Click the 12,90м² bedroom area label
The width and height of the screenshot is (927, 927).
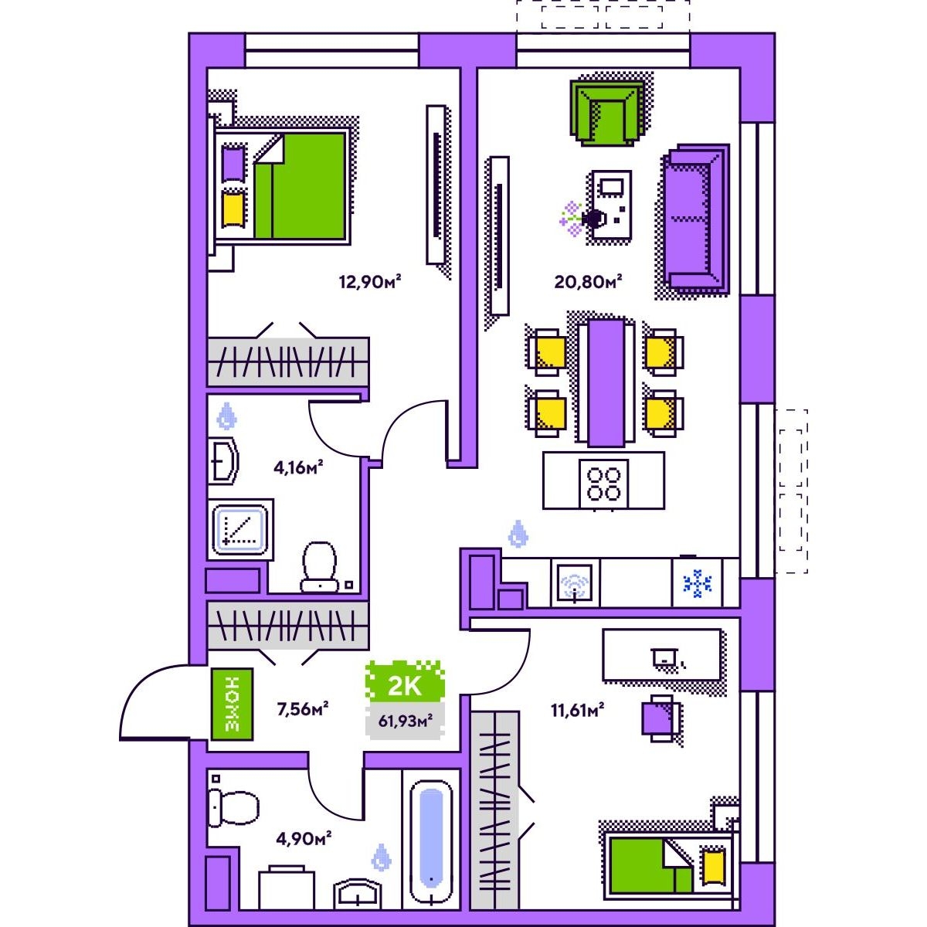click(x=369, y=281)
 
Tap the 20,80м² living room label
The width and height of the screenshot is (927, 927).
click(x=588, y=281)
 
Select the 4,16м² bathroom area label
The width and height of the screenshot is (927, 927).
click(x=297, y=467)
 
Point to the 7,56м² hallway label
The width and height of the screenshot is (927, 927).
click(x=303, y=709)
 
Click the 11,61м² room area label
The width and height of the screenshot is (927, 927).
click(x=577, y=709)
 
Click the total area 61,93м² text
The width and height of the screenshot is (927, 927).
click(x=405, y=721)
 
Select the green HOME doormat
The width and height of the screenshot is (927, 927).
click(x=232, y=704)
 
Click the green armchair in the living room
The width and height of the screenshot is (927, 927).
click(x=607, y=113)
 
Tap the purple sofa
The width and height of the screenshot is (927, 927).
click(x=696, y=219)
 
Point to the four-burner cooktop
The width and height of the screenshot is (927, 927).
click(x=604, y=484)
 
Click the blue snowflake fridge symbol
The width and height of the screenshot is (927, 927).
click(x=697, y=583)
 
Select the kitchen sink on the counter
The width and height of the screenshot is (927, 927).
click(x=575, y=583)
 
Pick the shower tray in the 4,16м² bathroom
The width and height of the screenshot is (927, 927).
click(x=240, y=528)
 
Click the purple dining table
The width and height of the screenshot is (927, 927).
click(x=606, y=383)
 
